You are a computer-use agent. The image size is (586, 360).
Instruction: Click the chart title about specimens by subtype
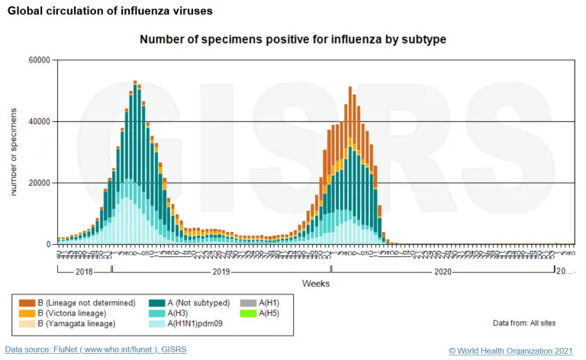pyautogui.click(x=292, y=39)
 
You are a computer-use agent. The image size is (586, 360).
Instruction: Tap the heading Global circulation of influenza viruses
pyautogui.click(x=111, y=11)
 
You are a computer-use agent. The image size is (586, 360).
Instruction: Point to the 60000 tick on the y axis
pyautogui.click(x=38, y=60)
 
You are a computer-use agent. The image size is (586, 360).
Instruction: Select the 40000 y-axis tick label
pyautogui.click(x=38, y=121)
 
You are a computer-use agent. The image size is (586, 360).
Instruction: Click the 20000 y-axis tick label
pyautogui.click(x=38, y=183)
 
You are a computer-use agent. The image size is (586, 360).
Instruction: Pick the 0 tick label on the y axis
pyautogui.click(x=47, y=245)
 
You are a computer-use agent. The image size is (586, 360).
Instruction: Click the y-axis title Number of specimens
pyautogui.click(x=14, y=153)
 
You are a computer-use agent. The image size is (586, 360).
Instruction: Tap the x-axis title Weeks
pyautogui.click(x=315, y=283)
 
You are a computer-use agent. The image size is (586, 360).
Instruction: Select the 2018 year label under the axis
pyautogui.click(x=84, y=271)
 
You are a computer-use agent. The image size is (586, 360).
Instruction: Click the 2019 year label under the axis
pyautogui.click(x=221, y=271)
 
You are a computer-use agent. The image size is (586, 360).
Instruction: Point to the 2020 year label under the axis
pyautogui.click(x=443, y=271)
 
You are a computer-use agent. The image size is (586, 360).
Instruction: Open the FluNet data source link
pyautogui.click(x=95, y=349)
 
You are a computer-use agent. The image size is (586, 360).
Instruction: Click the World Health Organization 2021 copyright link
pyautogui.click(x=511, y=350)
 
